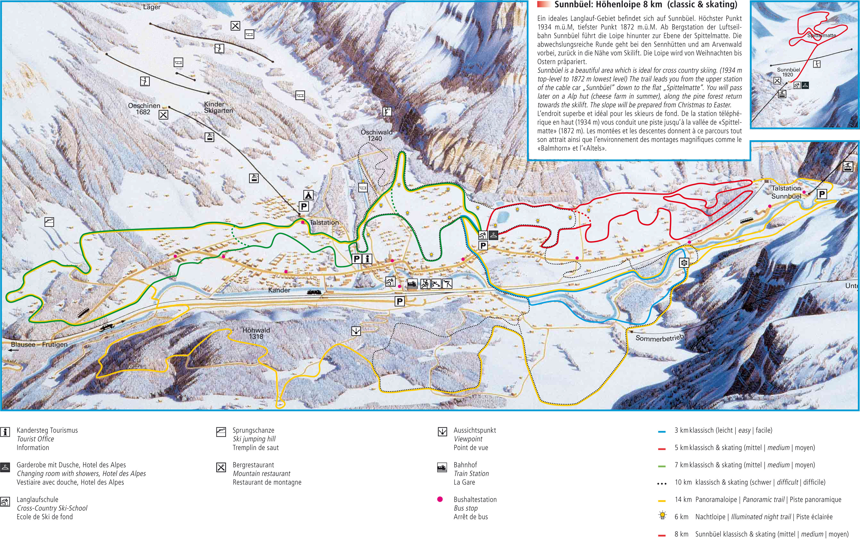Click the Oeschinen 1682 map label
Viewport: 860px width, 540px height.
coord(144,109)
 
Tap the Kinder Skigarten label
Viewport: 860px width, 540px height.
coord(218,107)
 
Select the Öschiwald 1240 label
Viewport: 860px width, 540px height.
coord(376,135)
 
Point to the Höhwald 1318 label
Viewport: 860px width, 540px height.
coord(256,333)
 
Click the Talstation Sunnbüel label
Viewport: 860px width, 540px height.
coord(786,192)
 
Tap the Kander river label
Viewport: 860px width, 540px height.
coord(279,290)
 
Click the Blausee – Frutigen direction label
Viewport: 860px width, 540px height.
coord(39,345)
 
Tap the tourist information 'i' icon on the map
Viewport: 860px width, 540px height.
coord(367,259)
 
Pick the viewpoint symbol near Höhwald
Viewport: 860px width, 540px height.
coord(356,331)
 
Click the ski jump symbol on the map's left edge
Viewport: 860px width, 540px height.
coord(49,222)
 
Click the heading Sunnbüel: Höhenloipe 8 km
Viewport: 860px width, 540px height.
coord(646,5)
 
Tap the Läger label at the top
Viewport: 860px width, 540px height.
coord(152,7)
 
